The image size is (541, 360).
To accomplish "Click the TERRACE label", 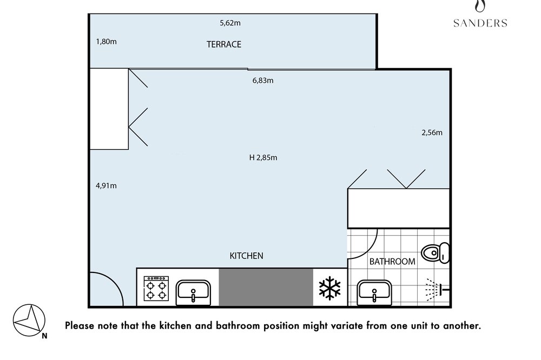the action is pyautogui.click(x=224, y=44).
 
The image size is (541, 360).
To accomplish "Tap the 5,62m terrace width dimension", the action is pyautogui.click(x=230, y=23).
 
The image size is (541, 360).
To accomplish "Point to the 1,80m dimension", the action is pyautogui.click(x=106, y=42).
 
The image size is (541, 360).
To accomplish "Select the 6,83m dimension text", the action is pyautogui.click(x=263, y=81).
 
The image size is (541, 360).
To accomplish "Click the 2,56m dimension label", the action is pyautogui.click(x=432, y=133).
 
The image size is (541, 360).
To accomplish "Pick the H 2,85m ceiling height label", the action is pyautogui.click(x=263, y=158).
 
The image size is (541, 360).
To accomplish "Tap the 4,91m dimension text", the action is pyautogui.click(x=106, y=186).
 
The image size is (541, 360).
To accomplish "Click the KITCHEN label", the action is pyautogui.click(x=246, y=256).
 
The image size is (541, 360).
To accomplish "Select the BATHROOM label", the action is pyautogui.click(x=392, y=262).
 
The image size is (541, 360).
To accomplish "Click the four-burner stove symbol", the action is pyautogui.click(x=156, y=289).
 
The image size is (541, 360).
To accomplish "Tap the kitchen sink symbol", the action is pyautogui.click(x=193, y=293).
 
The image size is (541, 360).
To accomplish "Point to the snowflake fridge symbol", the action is pyautogui.click(x=330, y=288).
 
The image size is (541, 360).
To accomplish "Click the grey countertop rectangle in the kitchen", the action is pyautogui.click(x=266, y=287).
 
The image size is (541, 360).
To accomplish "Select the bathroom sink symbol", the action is pyautogui.click(x=374, y=293).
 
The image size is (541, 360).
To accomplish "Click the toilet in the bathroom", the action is pyautogui.click(x=436, y=253).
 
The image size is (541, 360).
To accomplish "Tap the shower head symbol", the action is pyautogui.click(x=438, y=289).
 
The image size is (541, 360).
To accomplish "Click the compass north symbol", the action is pyautogui.click(x=29, y=321).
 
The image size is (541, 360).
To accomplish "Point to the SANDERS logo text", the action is pyautogui.click(x=480, y=23).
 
